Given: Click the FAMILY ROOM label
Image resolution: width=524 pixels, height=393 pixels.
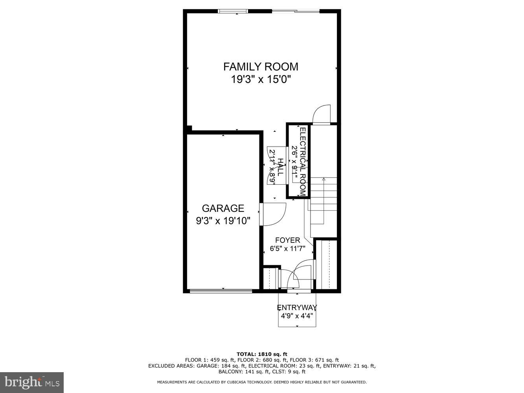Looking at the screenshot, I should click(261, 66).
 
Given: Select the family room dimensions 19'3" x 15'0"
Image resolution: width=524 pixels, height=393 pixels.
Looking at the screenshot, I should click(261, 80).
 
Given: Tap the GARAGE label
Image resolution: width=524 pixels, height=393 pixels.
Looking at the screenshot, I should click(223, 208).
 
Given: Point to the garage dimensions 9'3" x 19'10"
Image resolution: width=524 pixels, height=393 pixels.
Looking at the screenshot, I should click(223, 221).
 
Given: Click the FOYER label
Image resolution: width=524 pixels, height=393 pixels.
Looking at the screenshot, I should click(287, 240).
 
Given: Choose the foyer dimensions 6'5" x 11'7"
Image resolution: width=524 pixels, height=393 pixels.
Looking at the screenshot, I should click(287, 248).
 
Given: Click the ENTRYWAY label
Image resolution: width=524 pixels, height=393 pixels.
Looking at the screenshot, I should click(297, 307).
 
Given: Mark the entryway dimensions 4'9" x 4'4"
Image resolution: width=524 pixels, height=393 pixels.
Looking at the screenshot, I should click(297, 315).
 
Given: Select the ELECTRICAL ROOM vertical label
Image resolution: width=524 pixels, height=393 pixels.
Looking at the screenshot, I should click(303, 161).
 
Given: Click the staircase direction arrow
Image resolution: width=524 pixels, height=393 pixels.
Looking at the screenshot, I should click(324, 180).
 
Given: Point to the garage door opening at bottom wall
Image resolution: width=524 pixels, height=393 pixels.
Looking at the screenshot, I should click(221, 291).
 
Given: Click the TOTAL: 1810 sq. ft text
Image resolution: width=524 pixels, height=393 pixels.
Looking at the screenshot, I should click(262, 354).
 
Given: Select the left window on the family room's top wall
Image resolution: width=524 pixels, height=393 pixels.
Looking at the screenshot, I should click(233, 11).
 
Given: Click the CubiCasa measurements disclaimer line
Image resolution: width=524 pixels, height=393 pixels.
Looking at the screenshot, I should click(262, 382).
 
